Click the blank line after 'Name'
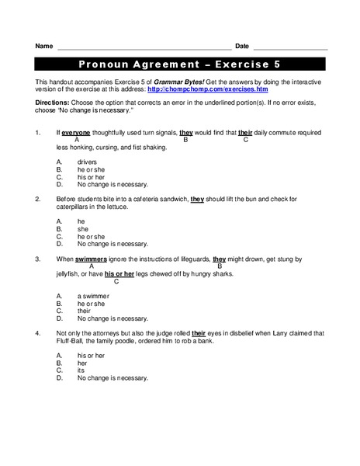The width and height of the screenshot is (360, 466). click(144, 49)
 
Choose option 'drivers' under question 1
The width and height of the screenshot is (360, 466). click(87, 162)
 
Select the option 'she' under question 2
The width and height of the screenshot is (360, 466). click(82, 228)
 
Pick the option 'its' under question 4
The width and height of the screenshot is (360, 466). click(81, 370)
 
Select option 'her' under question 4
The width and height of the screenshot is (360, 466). click(82, 362)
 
